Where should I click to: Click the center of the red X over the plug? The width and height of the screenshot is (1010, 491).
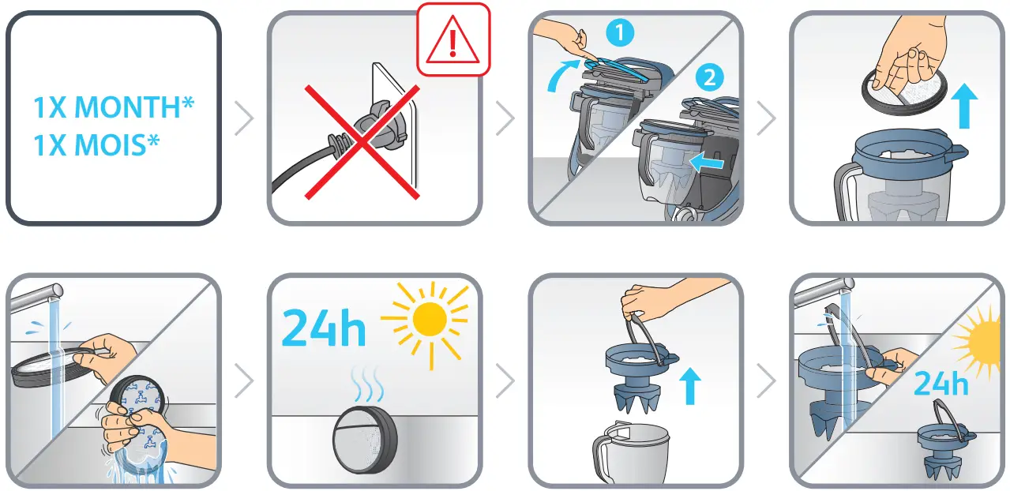click(x=362, y=142)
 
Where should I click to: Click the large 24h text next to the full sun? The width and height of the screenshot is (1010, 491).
click(x=324, y=328)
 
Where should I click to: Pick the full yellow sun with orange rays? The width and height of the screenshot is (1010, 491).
click(x=430, y=320)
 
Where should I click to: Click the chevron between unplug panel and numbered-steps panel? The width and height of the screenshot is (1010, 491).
click(x=505, y=119)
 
